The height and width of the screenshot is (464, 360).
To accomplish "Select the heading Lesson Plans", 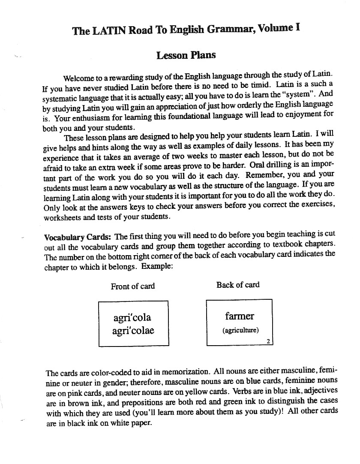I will coord(186,55).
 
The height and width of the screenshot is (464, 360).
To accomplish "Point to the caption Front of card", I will coord(133,286).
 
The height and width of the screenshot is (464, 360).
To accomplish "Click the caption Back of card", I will coord(238,285).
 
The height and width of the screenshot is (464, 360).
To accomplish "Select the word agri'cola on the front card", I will coord(132,318).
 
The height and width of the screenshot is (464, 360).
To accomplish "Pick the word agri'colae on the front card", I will coord(133,331).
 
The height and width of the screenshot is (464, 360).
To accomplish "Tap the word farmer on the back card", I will coord(240,316).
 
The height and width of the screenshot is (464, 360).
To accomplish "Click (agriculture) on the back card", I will coord(240,331).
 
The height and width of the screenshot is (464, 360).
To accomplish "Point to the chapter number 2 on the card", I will coord(268,342).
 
